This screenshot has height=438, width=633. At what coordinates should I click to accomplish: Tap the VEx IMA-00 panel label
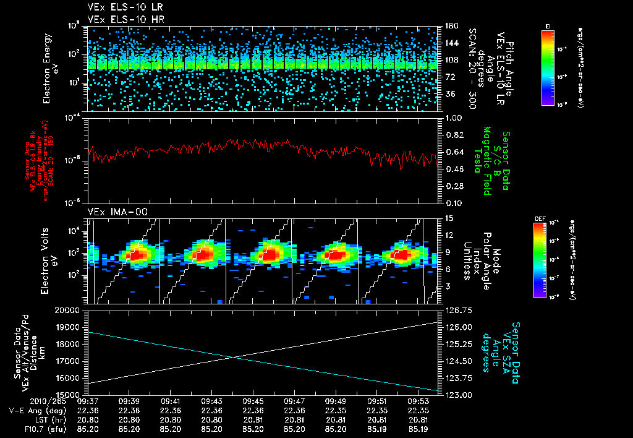(113, 212)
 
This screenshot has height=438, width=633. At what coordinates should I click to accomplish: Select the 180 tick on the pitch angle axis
(451, 26)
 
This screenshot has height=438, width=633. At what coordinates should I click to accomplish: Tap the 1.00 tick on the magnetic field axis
(454, 118)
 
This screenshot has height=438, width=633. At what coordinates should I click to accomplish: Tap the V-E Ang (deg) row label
(35, 410)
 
